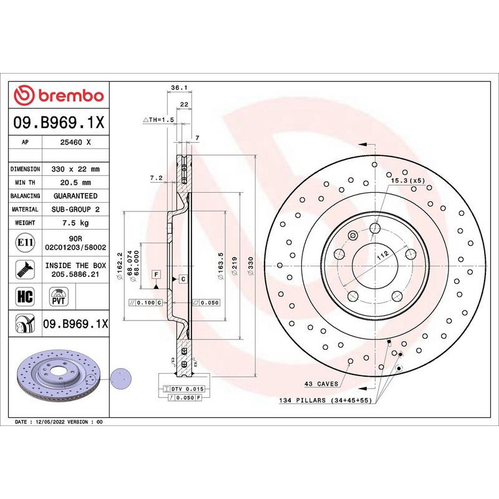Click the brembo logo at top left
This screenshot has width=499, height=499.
(59, 95)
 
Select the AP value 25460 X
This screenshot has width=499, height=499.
(75, 142)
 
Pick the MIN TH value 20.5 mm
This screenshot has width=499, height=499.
(75, 182)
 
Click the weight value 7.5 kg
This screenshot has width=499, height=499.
(75, 223)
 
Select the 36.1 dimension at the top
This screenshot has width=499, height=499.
(180, 88)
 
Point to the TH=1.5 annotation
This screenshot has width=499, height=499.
(157, 119)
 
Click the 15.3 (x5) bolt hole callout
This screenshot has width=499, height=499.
(407, 180)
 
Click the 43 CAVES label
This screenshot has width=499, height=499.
(321, 384)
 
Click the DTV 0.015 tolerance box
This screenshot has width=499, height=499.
(184, 389)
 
